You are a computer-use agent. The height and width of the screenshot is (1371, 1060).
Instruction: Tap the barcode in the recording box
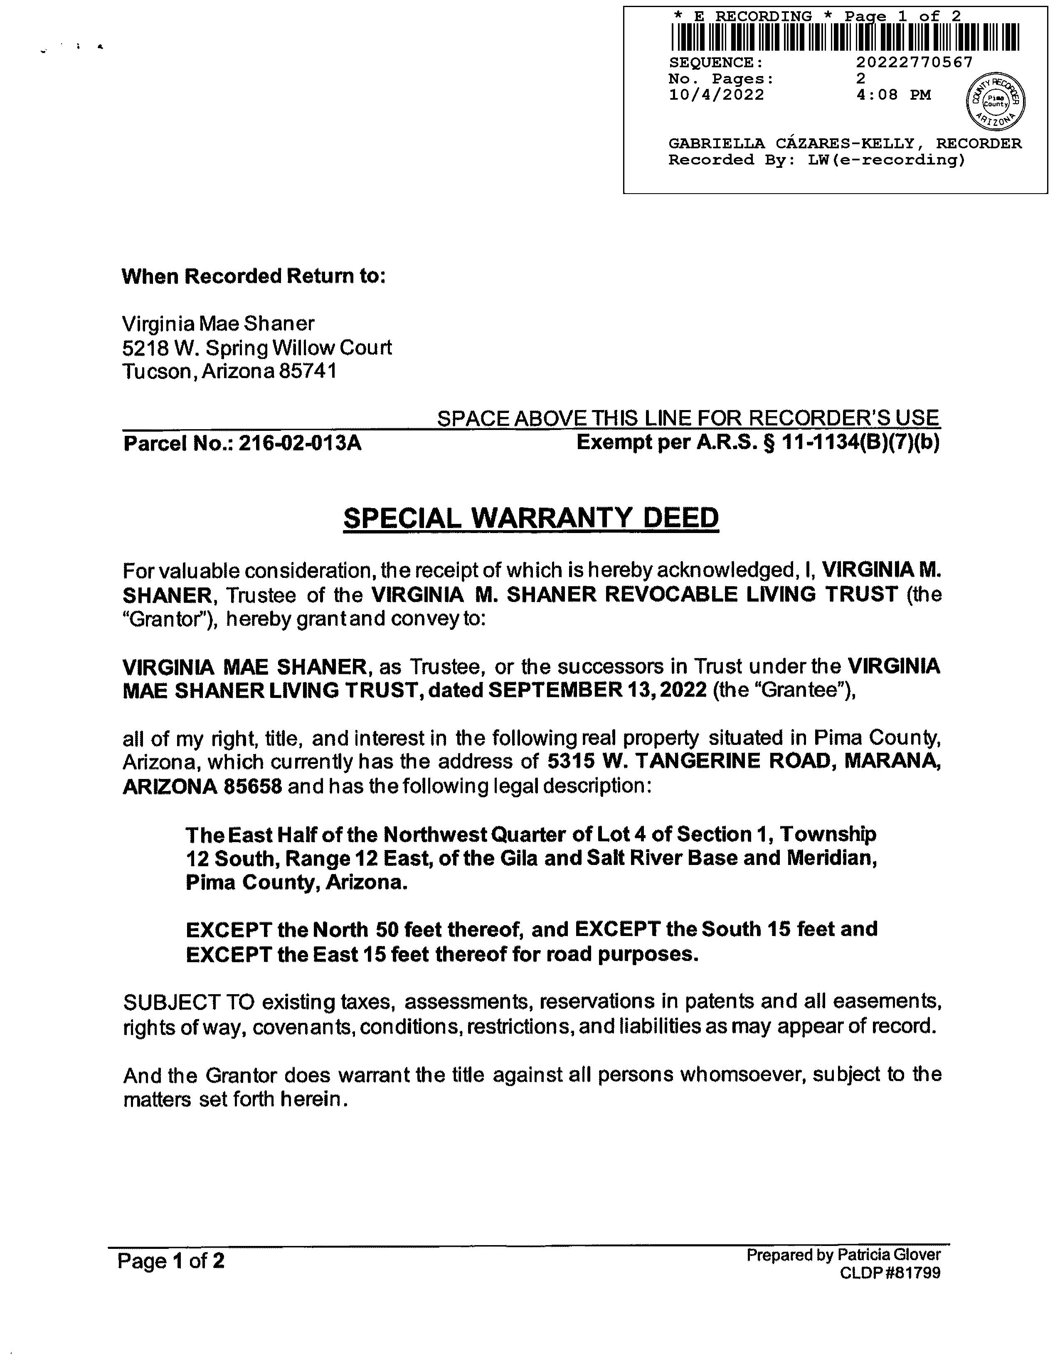point(845,38)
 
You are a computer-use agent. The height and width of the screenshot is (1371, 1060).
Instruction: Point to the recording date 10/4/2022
point(717,95)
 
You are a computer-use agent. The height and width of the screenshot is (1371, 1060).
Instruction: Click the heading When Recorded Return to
point(253,276)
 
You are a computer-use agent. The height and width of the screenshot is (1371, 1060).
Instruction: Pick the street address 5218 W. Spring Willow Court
point(257,348)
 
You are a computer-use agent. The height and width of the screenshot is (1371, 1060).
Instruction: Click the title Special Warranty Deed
point(531,518)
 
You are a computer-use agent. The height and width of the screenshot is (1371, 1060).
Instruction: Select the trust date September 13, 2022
point(597,690)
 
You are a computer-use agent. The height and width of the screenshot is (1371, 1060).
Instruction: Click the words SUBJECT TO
point(188,1001)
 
